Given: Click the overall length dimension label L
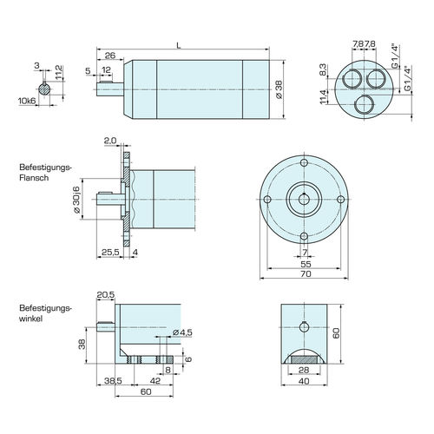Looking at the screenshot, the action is pos(179,45).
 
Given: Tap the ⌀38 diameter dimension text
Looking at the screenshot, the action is pos(279,89).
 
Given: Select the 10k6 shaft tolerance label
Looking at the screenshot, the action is pos(27,101).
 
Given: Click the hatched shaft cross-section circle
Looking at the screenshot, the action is pos(44,89).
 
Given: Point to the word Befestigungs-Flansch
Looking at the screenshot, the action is pos(45,173).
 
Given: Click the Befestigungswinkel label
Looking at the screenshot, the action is pos(45,313).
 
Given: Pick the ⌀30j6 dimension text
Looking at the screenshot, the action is pos(76,200).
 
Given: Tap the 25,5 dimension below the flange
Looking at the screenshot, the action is pos(110,253).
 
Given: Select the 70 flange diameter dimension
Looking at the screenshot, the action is pos(306,273).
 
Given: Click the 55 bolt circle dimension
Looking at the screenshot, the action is pos(306,264).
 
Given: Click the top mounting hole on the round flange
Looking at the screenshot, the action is pos(304,162).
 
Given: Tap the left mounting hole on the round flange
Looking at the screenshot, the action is pos(267,200).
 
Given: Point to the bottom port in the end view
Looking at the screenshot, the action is pos(364,105).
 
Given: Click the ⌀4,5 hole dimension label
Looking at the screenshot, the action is pos(182,332).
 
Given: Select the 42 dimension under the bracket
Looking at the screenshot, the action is pos(155,381).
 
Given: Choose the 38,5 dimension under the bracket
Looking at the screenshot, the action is pos(113,381).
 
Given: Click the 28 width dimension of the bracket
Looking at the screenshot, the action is pos(304,370).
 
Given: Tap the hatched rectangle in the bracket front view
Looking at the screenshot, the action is pos(304,360).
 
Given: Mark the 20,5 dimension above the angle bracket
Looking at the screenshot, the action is pos(106,295).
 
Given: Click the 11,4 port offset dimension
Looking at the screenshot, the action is pos(323,96).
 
